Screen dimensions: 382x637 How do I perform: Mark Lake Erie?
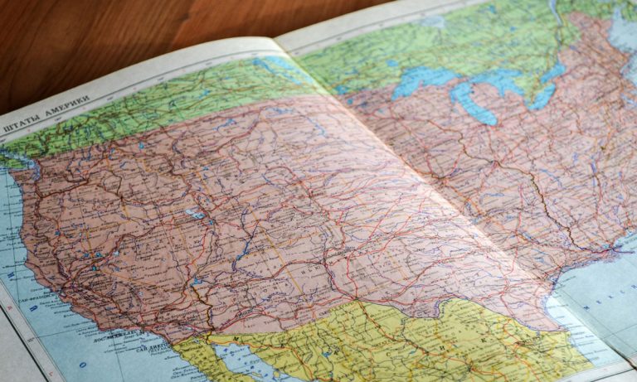click(x=543, y=96)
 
